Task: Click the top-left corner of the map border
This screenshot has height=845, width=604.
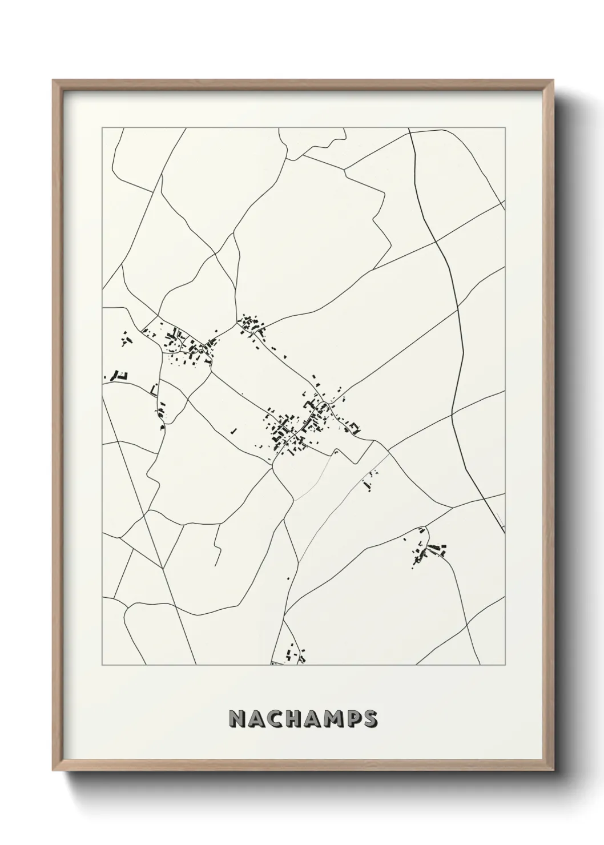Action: coord(102,128)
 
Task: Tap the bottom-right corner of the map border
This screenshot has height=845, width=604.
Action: coord(505,665)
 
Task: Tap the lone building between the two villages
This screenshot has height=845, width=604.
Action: coord(233,430)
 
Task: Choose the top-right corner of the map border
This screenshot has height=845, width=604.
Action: coord(505,128)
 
